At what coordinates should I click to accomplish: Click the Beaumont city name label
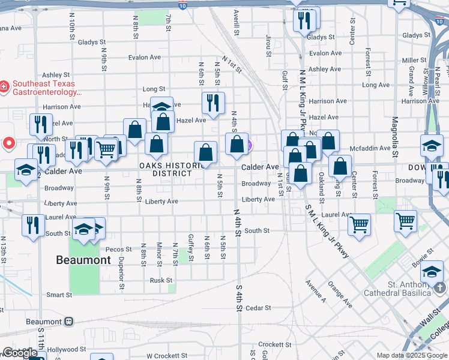[83, 260]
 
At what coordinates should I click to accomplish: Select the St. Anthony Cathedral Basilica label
[409, 289]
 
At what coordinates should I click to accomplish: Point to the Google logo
[20, 353]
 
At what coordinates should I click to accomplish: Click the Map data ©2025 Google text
[412, 355]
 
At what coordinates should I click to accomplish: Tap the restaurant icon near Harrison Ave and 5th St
[213, 103]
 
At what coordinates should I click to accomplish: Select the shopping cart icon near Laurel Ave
[359, 224]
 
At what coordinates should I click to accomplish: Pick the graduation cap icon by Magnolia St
[432, 146]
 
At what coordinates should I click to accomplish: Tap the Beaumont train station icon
[69, 321]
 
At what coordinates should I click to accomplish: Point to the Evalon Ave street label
[145, 58]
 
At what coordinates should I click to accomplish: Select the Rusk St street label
[161, 280]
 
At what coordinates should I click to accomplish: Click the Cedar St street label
[258, 308]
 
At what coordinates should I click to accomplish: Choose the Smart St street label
[59, 295]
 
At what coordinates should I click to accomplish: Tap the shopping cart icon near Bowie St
[405, 220]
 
